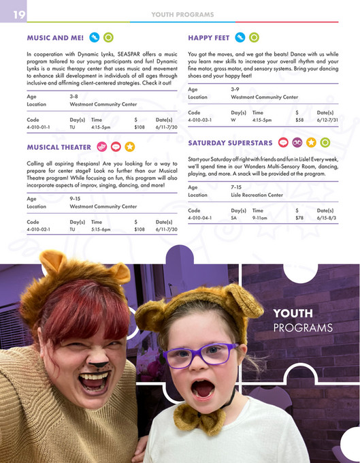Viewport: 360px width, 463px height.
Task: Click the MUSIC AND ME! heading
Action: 54,37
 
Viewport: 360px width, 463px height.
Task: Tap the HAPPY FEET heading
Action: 208,37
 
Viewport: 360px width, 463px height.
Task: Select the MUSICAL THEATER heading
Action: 59,147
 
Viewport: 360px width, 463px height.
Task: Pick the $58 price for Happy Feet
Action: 299,120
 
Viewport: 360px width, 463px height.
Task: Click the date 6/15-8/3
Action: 327,219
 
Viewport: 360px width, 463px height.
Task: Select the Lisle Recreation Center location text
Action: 257,195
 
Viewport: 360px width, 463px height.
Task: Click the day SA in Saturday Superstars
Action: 234,219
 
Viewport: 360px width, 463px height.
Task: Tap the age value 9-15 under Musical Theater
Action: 76,197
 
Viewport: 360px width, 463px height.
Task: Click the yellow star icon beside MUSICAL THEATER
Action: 129,147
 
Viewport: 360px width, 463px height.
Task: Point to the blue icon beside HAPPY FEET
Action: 240,37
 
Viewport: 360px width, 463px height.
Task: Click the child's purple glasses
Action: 201,355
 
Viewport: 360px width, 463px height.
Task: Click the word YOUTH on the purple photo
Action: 293,314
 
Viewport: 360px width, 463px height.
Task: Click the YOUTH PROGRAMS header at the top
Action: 182,14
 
